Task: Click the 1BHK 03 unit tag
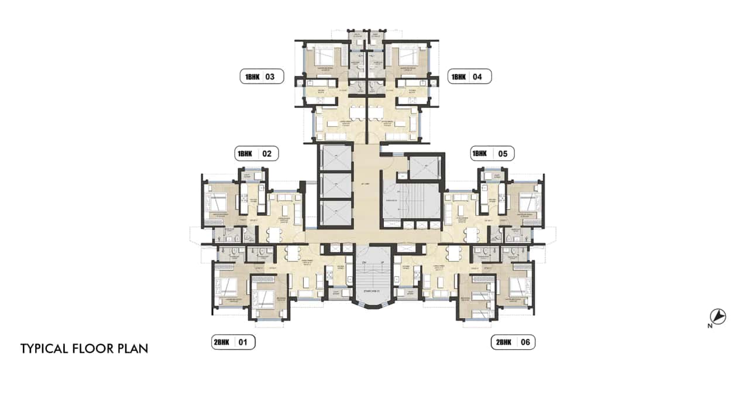(x=262, y=77)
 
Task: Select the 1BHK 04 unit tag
(x=469, y=77)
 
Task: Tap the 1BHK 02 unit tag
(x=256, y=154)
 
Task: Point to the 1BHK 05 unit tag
(x=492, y=154)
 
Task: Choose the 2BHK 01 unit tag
(x=233, y=342)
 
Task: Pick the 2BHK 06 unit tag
(x=513, y=342)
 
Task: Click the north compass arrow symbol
(x=719, y=317)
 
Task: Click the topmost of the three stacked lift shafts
(x=336, y=157)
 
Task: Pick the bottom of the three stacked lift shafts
(x=336, y=212)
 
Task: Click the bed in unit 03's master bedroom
(x=324, y=59)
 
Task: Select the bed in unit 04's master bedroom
(x=410, y=59)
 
